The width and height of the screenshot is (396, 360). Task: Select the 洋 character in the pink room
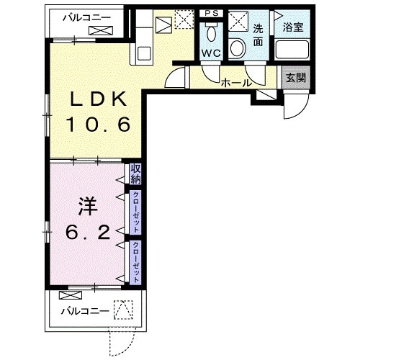pyautogui.click(x=87, y=206)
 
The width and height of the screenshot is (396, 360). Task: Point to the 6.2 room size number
pyautogui.click(x=88, y=232)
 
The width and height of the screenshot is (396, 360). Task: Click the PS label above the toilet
pyautogui.click(x=211, y=14)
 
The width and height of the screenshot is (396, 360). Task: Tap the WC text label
pyautogui.click(x=212, y=54)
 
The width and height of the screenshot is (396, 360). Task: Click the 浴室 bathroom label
pyautogui.click(x=292, y=28)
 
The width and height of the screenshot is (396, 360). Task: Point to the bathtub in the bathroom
pyautogui.click(x=293, y=51)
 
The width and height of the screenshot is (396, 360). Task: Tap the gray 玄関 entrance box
pyautogui.click(x=295, y=78)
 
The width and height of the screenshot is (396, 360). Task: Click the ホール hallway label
pyautogui.click(x=236, y=83)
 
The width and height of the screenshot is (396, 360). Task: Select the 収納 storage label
pyautogui.click(x=135, y=174)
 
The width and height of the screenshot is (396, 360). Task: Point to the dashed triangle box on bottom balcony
pyautogui.click(x=125, y=310)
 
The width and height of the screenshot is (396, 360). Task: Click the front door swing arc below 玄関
pyautogui.click(x=295, y=108)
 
